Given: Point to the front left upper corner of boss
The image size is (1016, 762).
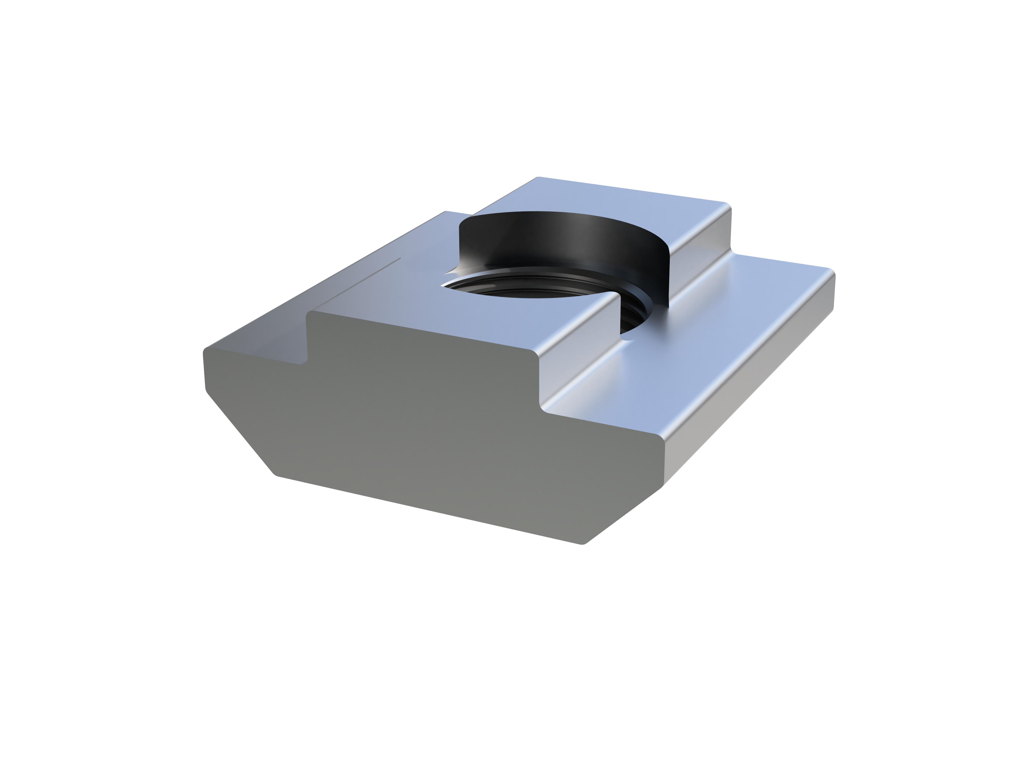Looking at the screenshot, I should (309, 313).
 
